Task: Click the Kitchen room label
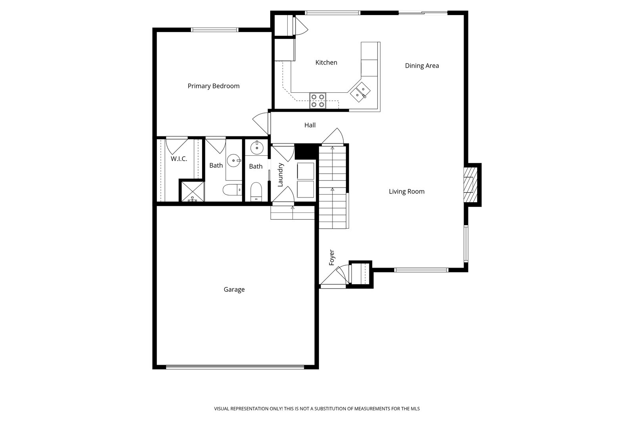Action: pyautogui.click(x=326, y=63)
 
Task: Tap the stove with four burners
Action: pyautogui.click(x=317, y=101)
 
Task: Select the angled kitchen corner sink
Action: pyautogui.click(x=360, y=92)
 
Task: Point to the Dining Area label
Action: pyautogui.click(x=422, y=66)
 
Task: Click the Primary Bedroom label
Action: pyautogui.click(x=214, y=86)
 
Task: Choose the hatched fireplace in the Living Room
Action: pyautogui.click(x=470, y=185)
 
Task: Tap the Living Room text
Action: pyautogui.click(x=407, y=191)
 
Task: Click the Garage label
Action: pyautogui.click(x=234, y=289)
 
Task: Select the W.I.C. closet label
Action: pyautogui.click(x=179, y=159)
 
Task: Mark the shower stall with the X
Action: pyautogui.click(x=193, y=192)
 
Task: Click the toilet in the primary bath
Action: pyautogui.click(x=232, y=190)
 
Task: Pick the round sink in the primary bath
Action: pyautogui.click(x=234, y=161)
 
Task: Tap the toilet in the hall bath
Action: pyautogui.click(x=256, y=192)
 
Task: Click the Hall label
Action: pyautogui.click(x=310, y=125)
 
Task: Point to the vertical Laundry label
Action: pyautogui.click(x=280, y=175)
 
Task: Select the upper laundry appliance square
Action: pyautogui.click(x=306, y=171)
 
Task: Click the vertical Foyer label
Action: pyautogui.click(x=332, y=258)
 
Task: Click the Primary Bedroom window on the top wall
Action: pyautogui.click(x=214, y=30)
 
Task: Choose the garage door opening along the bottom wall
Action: pyautogui.click(x=235, y=367)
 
